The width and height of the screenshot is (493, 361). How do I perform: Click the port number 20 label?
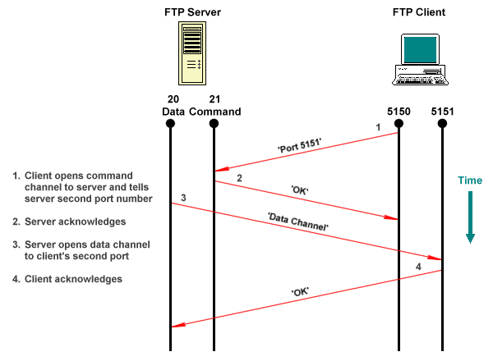point(170,99)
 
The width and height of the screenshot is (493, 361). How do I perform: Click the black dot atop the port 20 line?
point(170,124)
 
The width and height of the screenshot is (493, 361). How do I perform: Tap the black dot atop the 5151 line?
point(442,124)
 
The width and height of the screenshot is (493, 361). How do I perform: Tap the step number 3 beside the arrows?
point(183,198)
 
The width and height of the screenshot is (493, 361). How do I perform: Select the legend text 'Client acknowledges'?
point(74,279)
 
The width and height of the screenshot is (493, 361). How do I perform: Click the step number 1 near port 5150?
point(378,128)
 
